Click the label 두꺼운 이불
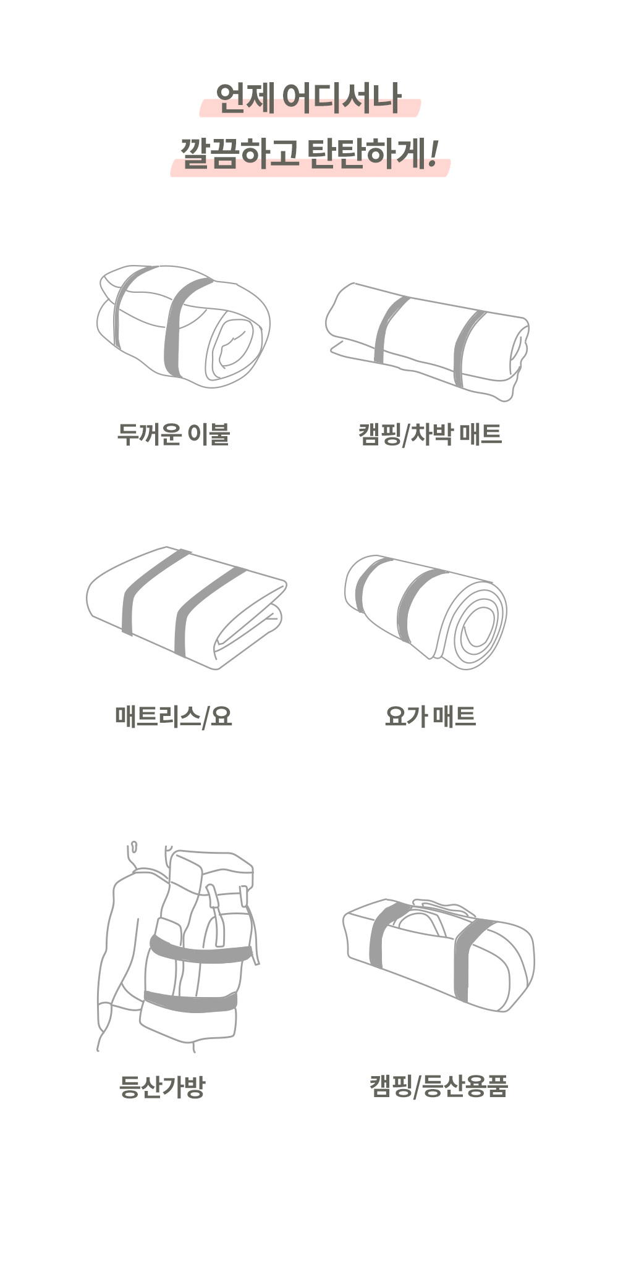click(174, 434)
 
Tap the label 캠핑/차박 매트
click(430, 434)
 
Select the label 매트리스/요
click(174, 716)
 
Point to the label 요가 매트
click(430, 716)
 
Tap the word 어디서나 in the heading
click(342, 98)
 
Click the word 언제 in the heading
click(245, 98)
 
